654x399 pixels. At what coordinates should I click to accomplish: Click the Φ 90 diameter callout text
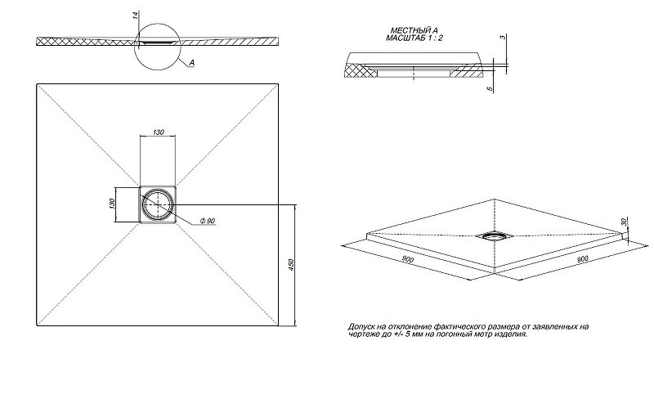pos(204,222)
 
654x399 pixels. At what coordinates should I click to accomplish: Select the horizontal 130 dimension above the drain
pos(157,132)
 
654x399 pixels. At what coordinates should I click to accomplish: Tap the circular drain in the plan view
pos(156,204)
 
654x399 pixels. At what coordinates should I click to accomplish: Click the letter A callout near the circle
pos(190,62)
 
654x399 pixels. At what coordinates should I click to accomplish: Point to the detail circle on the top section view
pos(156,46)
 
